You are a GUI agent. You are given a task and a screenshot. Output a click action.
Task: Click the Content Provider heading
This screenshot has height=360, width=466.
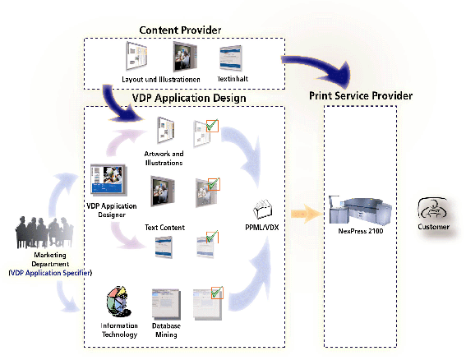pyautogui.click(x=180, y=30)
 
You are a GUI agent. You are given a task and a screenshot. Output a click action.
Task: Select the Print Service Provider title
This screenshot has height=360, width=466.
pyautogui.click(x=361, y=95)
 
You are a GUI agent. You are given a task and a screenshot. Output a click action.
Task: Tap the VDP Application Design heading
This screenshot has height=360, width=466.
pyautogui.click(x=189, y=98)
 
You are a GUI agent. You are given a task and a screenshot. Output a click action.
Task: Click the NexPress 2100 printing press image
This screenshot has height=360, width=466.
pyautogui.click(x=360, y=210)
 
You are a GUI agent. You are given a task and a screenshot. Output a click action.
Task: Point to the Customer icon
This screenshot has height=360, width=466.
pyautogui.click(x=432, y=209)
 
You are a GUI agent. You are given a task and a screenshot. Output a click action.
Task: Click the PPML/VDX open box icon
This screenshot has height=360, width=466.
pyautogui.click(x=262, y=209)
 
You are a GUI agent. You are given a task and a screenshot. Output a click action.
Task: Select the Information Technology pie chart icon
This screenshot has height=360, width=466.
pyautogui.click(x=119, y=302)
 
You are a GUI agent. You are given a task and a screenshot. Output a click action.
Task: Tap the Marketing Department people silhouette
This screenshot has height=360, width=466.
pyautogui.click(x=44, y=233)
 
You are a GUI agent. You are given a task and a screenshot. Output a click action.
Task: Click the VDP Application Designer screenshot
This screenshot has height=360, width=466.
pyautogui.click(x=108, y=179)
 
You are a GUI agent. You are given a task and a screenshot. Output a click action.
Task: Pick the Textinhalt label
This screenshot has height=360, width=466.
pyautogui.click(x=233, y=79)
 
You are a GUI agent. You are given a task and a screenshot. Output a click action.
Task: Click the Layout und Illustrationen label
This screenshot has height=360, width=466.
pyautogui.click(x=161, y=80)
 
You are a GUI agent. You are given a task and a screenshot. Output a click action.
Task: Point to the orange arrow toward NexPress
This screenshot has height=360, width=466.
pyautogui.click(x=306, y=214)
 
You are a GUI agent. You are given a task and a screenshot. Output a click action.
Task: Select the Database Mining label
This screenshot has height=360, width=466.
pyautogui.click(x=166, y=330)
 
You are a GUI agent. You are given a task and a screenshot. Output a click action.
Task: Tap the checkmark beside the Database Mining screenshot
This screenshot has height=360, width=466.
pyautogui.click(x=217, y=293)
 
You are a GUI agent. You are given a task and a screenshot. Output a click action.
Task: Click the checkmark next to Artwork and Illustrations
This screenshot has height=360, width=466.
pyautogui.click(x=212, y=126)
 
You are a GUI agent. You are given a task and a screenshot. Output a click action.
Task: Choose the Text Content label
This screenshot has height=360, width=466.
pyautogui.click(x=164, y=228)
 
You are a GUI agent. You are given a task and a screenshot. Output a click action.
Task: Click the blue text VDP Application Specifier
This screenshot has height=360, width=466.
pyautogui.click(x=50, y=273)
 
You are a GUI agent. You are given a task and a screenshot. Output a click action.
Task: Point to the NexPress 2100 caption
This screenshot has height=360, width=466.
pyautogui.click(x=361, y=231)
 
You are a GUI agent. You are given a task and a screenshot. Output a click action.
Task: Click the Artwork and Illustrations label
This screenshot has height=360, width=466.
pyautogui.click(x=164, y=158)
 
